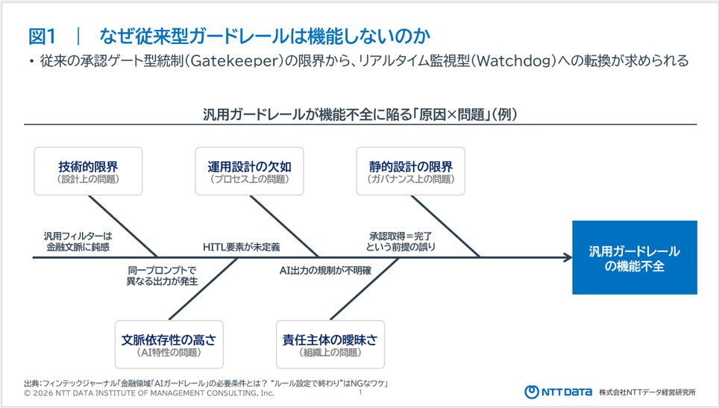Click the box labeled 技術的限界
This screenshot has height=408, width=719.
[88, 171]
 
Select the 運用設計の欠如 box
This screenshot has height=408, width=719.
[249, 171]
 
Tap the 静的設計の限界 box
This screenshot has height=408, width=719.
[411, 171]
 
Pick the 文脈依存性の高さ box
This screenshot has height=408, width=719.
[169, 345]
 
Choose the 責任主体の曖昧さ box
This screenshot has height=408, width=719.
[330, 345]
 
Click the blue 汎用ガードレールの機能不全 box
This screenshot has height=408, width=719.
[635, 257]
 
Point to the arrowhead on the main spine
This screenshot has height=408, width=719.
[570, 257]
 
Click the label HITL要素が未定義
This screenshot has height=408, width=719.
[241, 248]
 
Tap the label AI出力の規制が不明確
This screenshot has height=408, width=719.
[326, 271]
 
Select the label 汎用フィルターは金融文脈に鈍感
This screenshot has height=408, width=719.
[78, 242]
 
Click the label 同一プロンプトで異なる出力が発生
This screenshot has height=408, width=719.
[162, 276]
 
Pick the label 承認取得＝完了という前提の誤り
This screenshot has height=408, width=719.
[401, 242]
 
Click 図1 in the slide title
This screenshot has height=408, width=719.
[43, 37]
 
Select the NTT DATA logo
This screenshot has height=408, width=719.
[558, 392]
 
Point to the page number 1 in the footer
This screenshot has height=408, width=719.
[360, 392]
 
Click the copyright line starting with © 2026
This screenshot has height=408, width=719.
[149, 393]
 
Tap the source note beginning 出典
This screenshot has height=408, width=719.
[206, 383]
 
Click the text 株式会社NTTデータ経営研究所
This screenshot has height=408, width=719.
[647, 392]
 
